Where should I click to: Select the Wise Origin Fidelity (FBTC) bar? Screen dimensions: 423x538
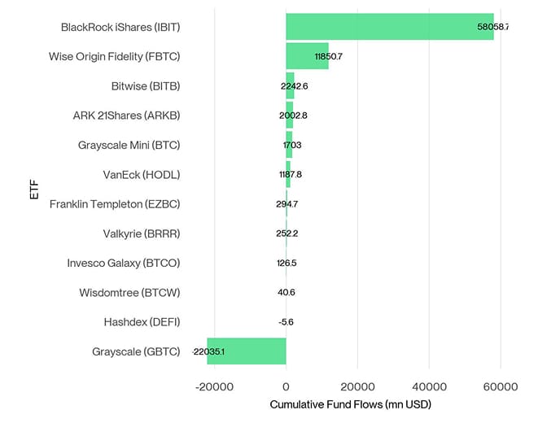click(x=307, y=56)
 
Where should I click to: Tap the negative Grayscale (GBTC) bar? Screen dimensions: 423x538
click(x=247, y=351)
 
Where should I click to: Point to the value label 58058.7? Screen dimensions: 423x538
click(x=492, y=27)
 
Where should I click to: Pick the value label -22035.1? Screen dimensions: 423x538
click(x=208, y=352)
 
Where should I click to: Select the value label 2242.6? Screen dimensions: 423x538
click(x=293, y=86)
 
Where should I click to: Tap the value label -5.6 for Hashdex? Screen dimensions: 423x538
click(x=286, y=322)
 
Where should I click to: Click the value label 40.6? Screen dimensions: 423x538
click(x=286, y=293)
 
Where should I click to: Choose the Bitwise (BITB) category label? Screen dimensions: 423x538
click(x=146, y=86)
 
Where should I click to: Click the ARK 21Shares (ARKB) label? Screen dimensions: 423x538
click(x=126, y=116)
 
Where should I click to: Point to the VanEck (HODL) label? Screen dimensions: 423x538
click(x=142, y=175)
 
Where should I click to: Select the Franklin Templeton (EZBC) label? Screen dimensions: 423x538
click(x=115, y=204)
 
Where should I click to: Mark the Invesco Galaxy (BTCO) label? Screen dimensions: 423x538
click(x=124, y=263)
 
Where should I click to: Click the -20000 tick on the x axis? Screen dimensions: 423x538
click(x=214, y=388)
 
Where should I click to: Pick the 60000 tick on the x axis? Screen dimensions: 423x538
click(x=501, y=388)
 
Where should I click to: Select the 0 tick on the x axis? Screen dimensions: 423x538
click(x=286, y=388)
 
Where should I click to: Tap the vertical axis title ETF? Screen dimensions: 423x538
click(x=33, y=190)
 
